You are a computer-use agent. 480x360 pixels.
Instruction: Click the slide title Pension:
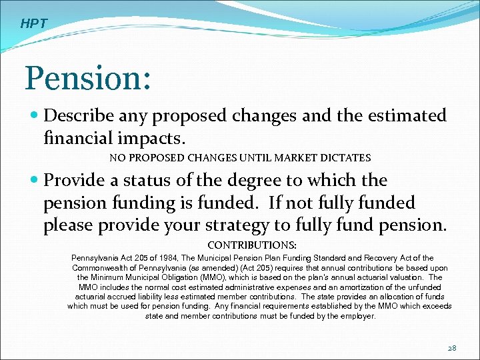click(x=87, y=78)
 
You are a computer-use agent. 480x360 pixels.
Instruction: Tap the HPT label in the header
click(x=34, y=24)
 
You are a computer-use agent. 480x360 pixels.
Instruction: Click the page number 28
click(x=452, y=348)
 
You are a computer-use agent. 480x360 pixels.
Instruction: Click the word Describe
click(x=79, y=116)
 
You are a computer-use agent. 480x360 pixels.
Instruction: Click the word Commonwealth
click(x=103, y=268)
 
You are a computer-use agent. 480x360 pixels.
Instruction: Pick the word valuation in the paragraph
click(x=407, y=277)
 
